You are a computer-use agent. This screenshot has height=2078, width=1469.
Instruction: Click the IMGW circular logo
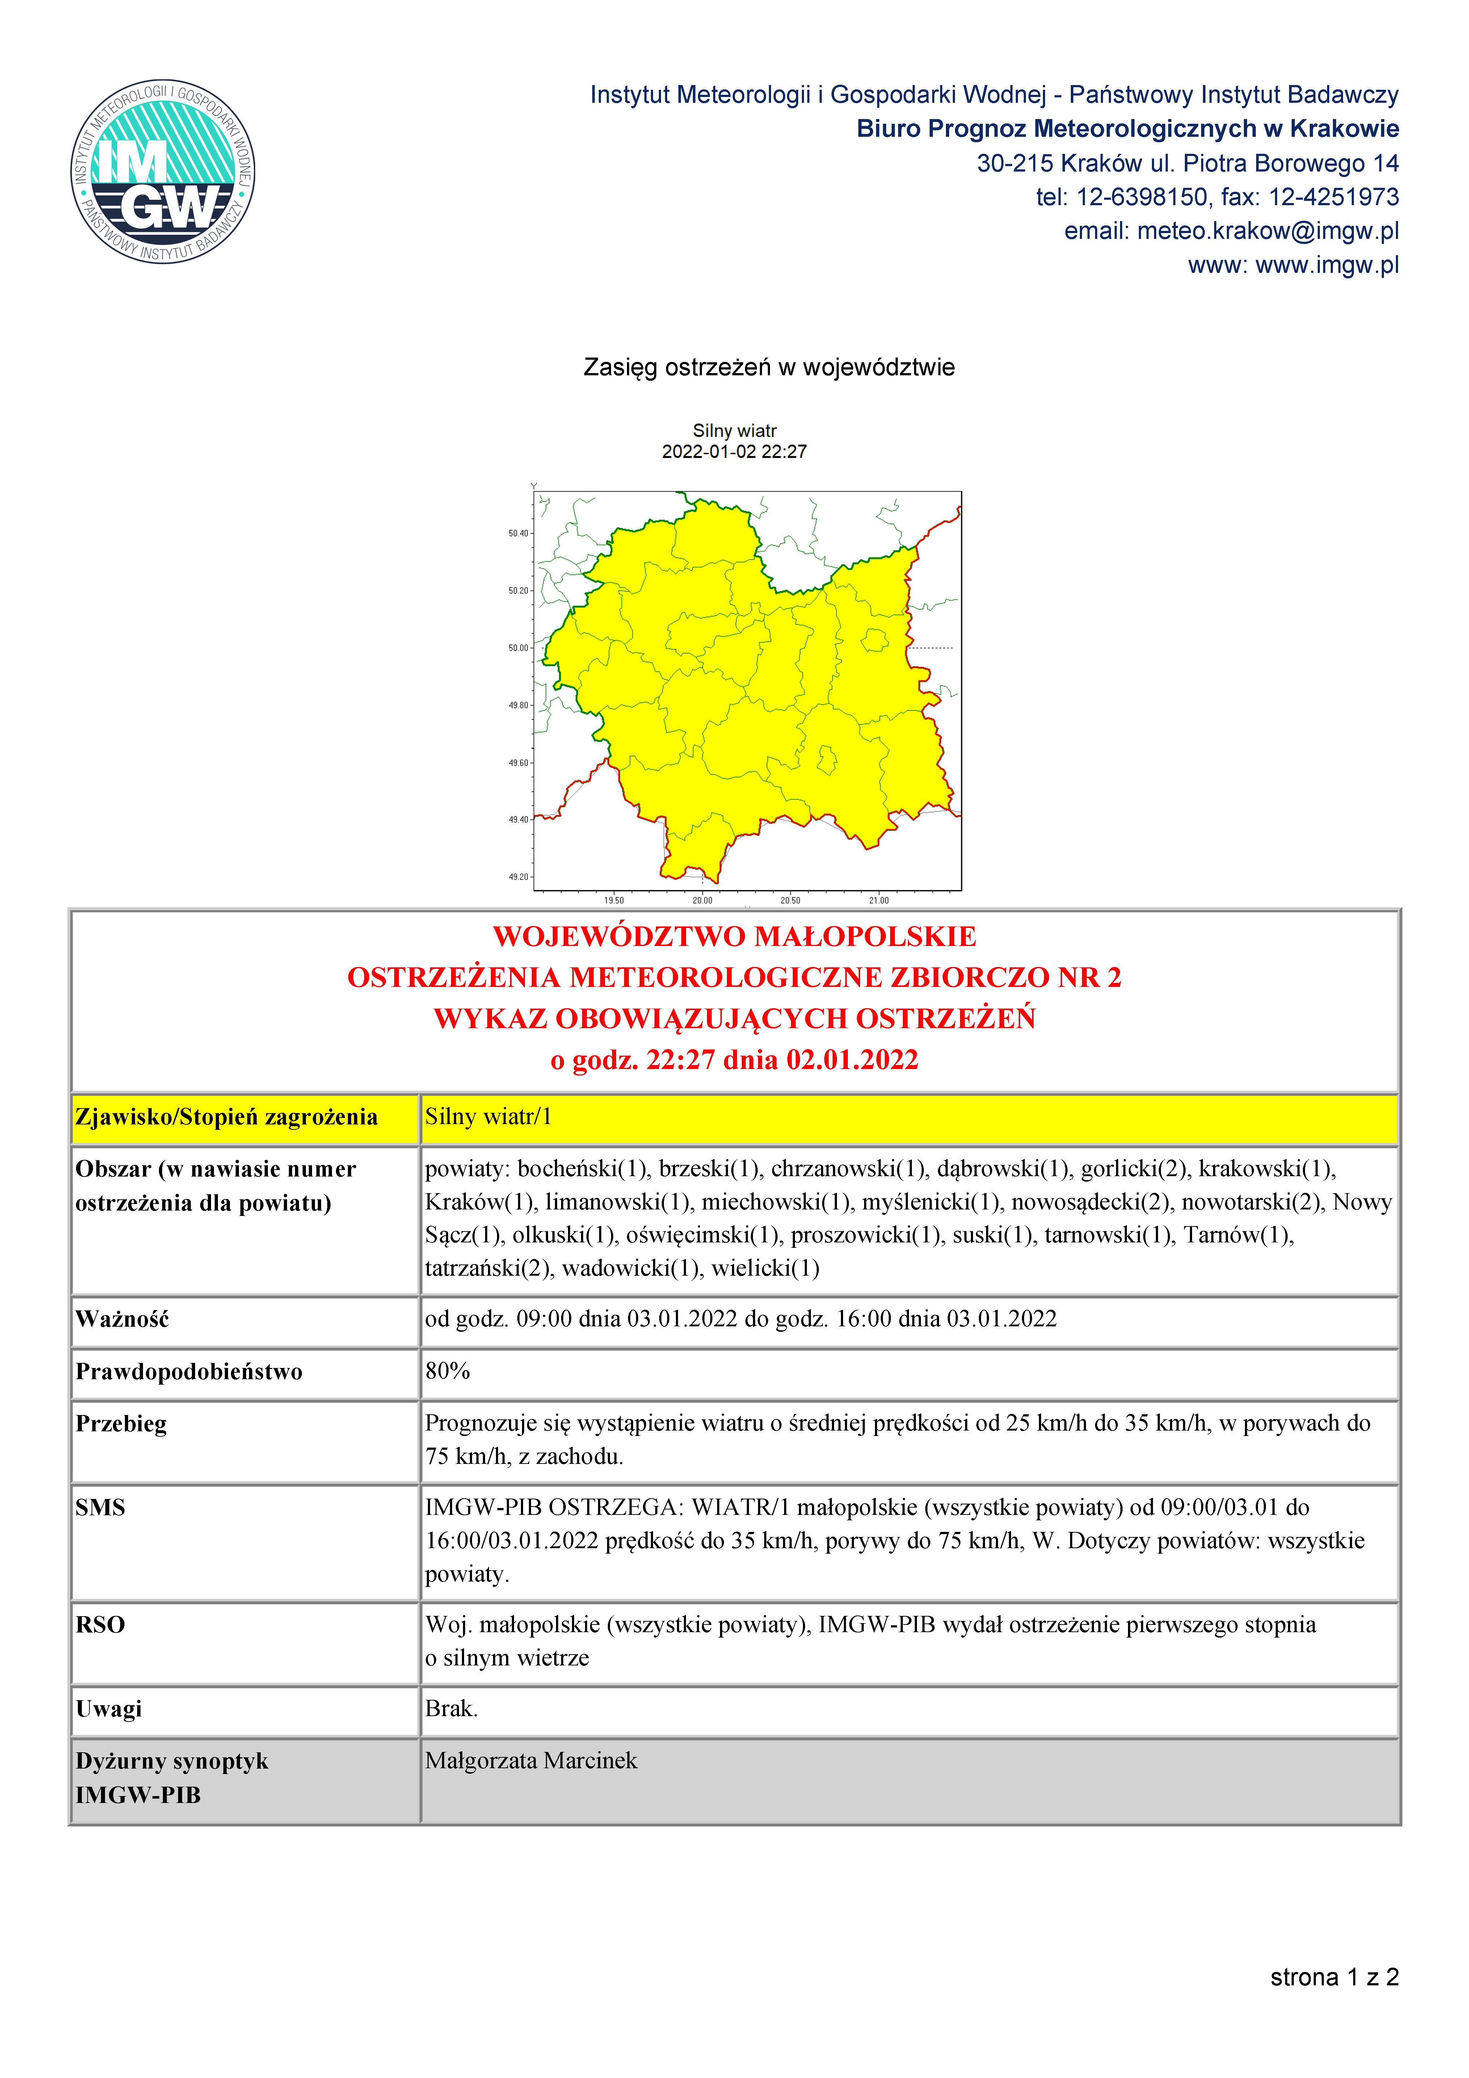click(x=163, y=171)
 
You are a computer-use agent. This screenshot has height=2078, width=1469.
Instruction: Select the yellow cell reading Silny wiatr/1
click(x=489, y=1117)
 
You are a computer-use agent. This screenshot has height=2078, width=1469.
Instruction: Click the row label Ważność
click(x=122, y=1319)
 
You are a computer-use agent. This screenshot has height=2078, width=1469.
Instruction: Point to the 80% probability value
click(x=448, y=1371)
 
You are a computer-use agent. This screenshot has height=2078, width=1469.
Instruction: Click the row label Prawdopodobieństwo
click(x=189, y=1372)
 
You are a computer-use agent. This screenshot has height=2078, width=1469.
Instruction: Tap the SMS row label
click(x=101, y=1508)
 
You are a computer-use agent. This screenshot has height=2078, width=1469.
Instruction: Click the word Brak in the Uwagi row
click(x=451, y=1709)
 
